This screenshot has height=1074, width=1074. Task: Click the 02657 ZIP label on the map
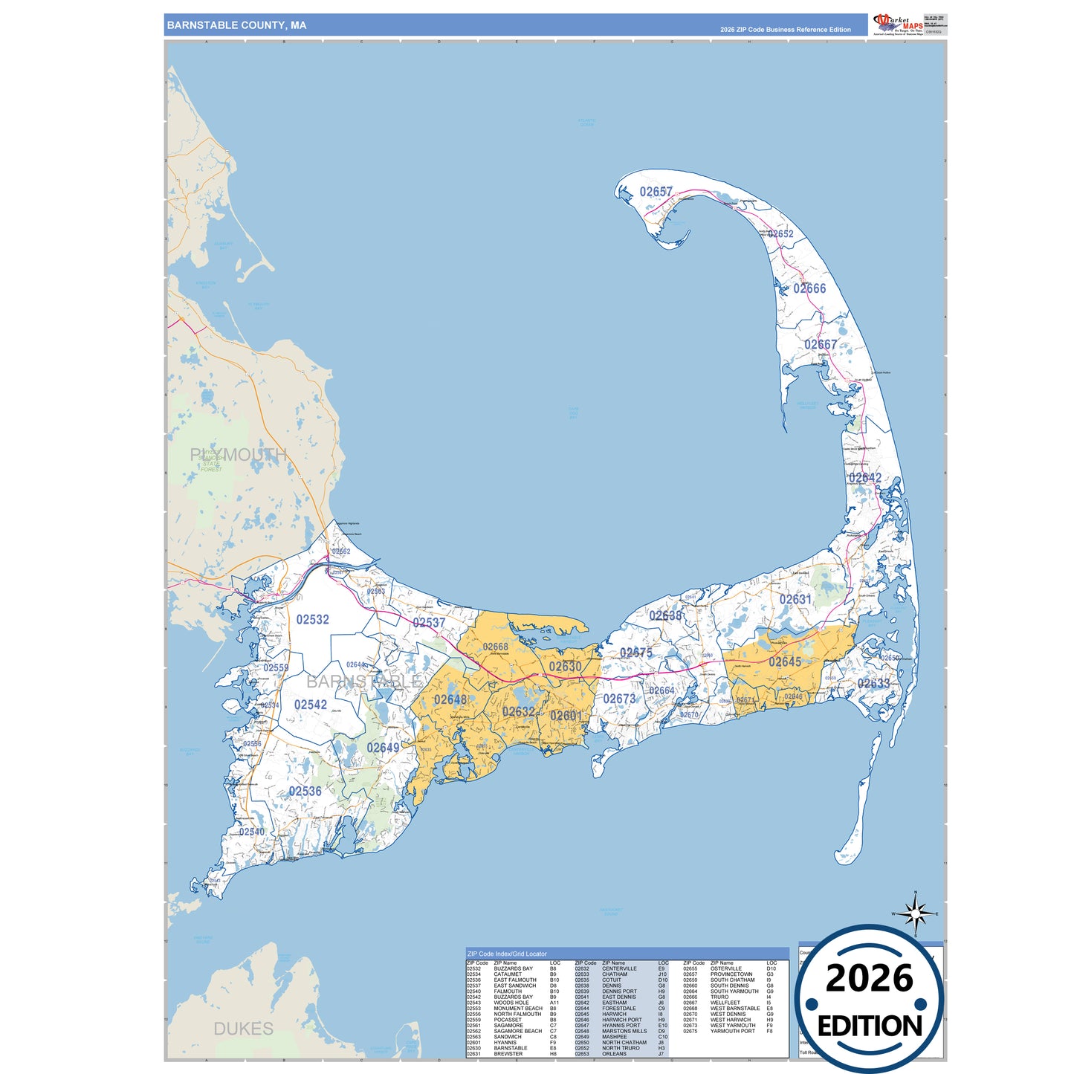click(656, 192)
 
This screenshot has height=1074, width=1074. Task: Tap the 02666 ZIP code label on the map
click(809, 288)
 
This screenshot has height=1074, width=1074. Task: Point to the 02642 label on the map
click(865, 478)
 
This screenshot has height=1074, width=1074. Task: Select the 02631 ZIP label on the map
click(795, 599)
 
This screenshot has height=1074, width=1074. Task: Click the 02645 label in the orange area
click(785, 661)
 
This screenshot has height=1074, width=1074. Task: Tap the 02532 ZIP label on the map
click(312, 619)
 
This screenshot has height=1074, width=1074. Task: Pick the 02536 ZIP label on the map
click(305, 791)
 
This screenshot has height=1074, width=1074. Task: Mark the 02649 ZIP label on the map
click(383, 747)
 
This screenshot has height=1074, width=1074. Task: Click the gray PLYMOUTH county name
click(238, 455)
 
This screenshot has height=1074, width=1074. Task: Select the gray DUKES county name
click(243, 1029)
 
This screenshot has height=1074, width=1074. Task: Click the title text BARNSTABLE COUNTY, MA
click(236, 25)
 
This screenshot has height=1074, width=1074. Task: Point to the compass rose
click(916, 913)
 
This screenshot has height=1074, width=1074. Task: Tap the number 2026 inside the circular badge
click(869, 978)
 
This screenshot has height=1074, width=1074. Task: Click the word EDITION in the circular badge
click(870, 1026)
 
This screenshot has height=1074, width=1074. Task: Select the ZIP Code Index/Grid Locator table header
click(507, 954)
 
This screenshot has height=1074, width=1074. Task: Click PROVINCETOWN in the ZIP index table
click(731, 974)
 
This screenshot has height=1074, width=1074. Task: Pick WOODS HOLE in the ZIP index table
click(511, 1003)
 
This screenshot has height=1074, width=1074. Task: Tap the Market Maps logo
click(899, 25)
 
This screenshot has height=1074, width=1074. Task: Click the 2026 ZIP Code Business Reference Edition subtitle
click(785, 30)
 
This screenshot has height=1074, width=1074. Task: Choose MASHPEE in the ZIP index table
click(615, 1037)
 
